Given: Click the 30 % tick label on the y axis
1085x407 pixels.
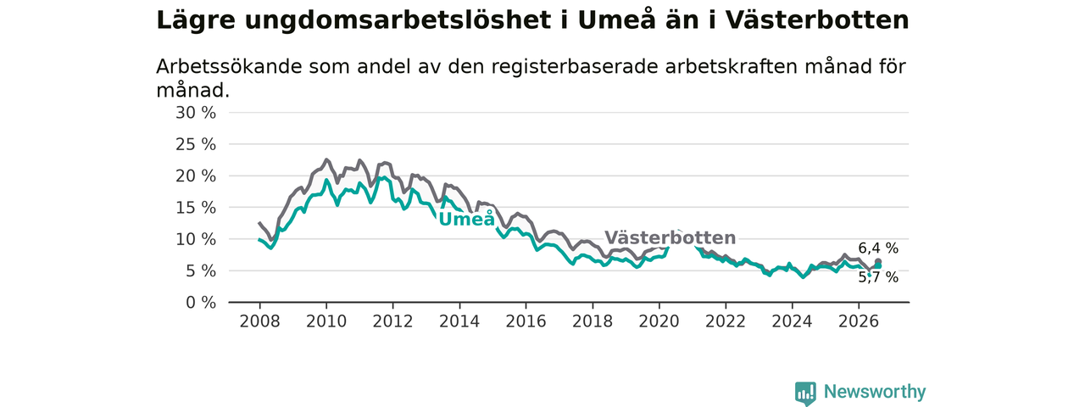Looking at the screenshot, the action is pos(196,113).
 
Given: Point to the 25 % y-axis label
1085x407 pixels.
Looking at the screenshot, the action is pos(196,144).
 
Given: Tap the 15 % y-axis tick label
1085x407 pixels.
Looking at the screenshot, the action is pos(196,208).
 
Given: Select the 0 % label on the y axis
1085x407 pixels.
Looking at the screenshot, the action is pos(201,303).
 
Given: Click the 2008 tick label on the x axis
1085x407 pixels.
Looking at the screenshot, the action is pos(259,321).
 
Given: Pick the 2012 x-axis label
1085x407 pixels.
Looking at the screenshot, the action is pos(392,321).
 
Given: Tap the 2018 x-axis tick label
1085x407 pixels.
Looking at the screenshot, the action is pos(593,321).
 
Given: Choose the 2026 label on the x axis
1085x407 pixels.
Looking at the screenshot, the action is pos(859,321).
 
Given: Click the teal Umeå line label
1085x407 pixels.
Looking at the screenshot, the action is pos(467,219).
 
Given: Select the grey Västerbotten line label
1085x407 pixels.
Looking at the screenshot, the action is pos(670,237).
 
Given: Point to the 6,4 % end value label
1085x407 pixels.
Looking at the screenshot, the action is pos(878,248).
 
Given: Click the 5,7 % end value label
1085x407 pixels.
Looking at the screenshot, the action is pos(878,277).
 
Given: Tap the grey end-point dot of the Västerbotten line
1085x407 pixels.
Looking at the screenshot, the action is pos(877,262).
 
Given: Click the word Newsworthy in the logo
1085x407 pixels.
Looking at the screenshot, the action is pos(875,391).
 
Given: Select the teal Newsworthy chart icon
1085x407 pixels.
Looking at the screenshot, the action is pos(805,393).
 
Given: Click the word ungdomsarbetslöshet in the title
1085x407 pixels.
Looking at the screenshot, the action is pos(398,21).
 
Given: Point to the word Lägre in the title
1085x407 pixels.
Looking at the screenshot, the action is pos(196,21).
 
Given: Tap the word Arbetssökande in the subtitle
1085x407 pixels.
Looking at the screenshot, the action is pos(229,66).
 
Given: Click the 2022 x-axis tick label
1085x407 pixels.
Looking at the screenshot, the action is pos(726,321).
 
